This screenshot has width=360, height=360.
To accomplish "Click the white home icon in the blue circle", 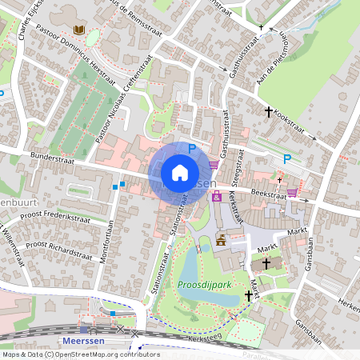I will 180,173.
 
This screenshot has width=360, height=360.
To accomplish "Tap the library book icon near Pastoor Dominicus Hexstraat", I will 78,30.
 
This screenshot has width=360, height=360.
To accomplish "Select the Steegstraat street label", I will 238,171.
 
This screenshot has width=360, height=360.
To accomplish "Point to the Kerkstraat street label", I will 235,206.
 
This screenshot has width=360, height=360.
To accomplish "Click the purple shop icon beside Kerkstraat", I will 217,197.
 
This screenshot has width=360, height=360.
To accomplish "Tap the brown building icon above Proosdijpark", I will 221,239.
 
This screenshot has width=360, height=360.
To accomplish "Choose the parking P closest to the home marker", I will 191,148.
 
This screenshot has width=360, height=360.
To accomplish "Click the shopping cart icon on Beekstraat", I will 293,192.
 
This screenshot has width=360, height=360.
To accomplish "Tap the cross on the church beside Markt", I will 266,262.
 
